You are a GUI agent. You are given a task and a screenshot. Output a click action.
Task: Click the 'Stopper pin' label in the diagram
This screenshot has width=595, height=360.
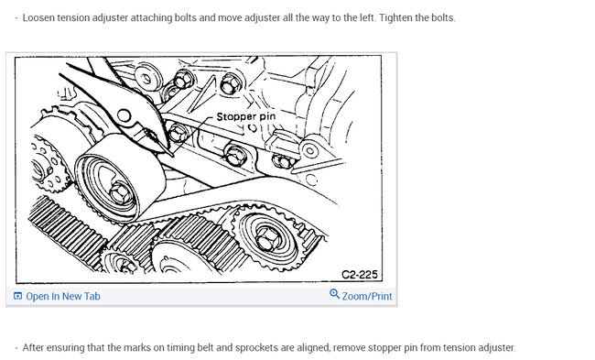tap(246, 116)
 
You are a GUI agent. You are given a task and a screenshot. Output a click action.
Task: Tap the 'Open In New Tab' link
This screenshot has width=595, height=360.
tap(63, 296)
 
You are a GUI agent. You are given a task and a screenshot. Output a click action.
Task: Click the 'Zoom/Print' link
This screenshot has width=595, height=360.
tap(367, 296)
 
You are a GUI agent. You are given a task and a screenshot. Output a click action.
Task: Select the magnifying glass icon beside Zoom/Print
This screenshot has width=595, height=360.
tap(334, 294)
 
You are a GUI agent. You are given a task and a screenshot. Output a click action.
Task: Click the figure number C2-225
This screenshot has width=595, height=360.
tap(360, 274)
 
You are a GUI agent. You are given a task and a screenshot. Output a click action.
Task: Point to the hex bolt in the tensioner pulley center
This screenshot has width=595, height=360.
tap(120, 192)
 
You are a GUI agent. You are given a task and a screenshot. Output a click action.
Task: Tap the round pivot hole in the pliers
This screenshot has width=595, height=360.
tap(124, 115)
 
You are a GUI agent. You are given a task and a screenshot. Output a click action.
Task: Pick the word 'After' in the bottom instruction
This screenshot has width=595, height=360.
tap(33, 348)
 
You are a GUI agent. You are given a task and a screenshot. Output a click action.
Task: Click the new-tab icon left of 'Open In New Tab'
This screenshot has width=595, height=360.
tap(17, 296)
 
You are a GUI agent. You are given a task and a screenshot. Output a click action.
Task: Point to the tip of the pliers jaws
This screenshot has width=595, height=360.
tap(173, 155)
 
